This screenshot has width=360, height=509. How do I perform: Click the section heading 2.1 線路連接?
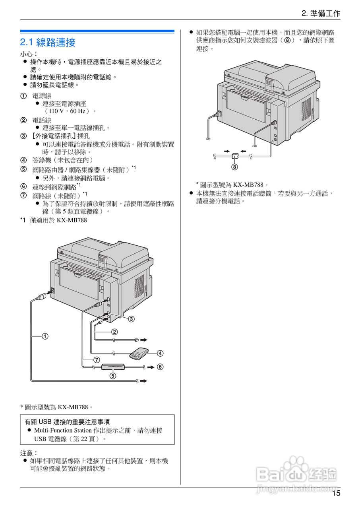48,42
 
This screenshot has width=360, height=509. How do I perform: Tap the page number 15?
336,493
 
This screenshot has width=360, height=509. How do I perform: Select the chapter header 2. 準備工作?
321,14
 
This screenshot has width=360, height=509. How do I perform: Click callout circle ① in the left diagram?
46,336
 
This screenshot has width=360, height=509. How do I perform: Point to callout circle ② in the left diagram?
114,332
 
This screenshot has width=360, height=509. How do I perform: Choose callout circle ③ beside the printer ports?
131,319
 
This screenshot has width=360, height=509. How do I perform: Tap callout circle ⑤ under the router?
113,375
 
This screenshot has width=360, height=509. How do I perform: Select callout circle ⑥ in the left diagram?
160,367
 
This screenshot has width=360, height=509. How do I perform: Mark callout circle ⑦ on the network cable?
97,359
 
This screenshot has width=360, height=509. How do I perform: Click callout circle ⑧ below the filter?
235,167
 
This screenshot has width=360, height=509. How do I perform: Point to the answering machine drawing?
139,353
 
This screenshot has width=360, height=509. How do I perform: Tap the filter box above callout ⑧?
235,156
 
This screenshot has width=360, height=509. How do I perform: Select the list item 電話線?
42,120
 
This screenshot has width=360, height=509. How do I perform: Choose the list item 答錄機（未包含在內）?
62,160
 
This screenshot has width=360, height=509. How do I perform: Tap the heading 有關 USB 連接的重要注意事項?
67,422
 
